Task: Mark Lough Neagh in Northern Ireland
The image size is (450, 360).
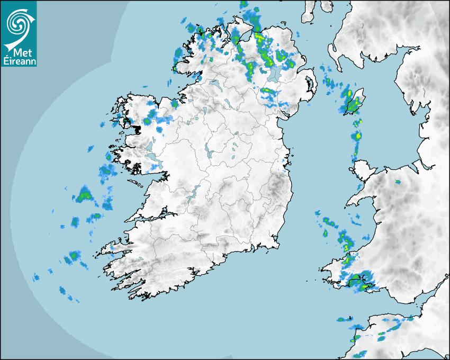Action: click(274, 74)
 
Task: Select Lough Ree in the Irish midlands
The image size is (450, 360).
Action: click(210, 151)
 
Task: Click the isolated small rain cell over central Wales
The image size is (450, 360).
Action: click(398, 182)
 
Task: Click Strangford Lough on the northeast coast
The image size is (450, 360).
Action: click(307, 85)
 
